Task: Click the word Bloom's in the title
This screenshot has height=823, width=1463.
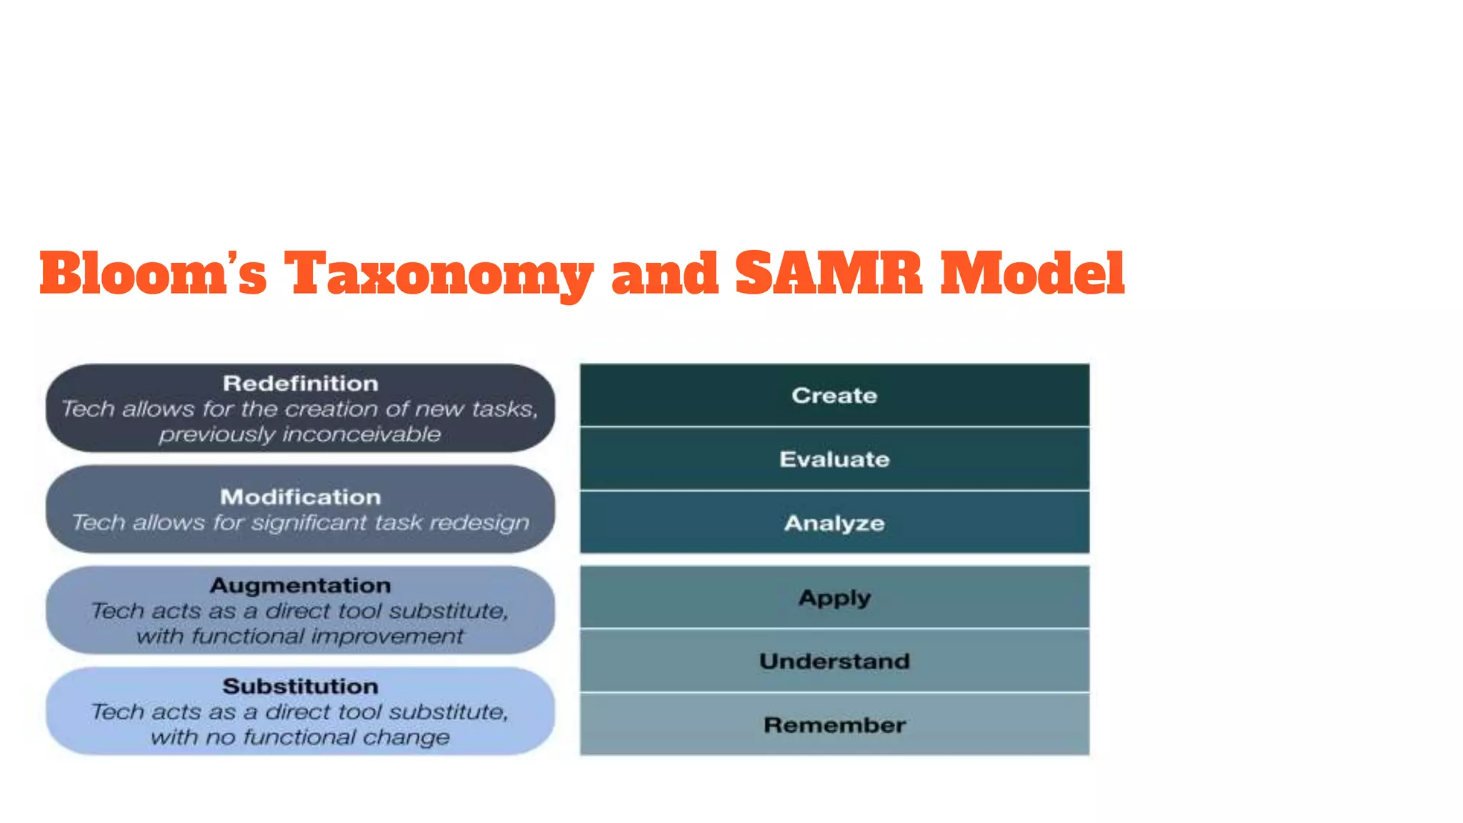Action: (153, 274)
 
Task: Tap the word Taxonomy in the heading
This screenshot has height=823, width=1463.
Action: (439, 274)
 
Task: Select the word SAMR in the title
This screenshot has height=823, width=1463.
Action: (829, 274)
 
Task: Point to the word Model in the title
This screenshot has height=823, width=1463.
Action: (1032, 274)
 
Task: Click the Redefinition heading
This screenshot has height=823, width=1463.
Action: (300, 384)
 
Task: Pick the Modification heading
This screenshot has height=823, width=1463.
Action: (300, 497)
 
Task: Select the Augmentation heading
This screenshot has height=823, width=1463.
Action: (300, 586)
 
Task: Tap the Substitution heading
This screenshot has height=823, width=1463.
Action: (300, 687)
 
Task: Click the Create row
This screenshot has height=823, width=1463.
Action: (834, 396)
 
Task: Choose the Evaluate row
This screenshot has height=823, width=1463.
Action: (834, 459)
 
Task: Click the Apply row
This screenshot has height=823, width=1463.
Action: (834, 598)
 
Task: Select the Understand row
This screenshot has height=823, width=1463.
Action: (834, 662)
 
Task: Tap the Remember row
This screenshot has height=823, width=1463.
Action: (834, 725)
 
